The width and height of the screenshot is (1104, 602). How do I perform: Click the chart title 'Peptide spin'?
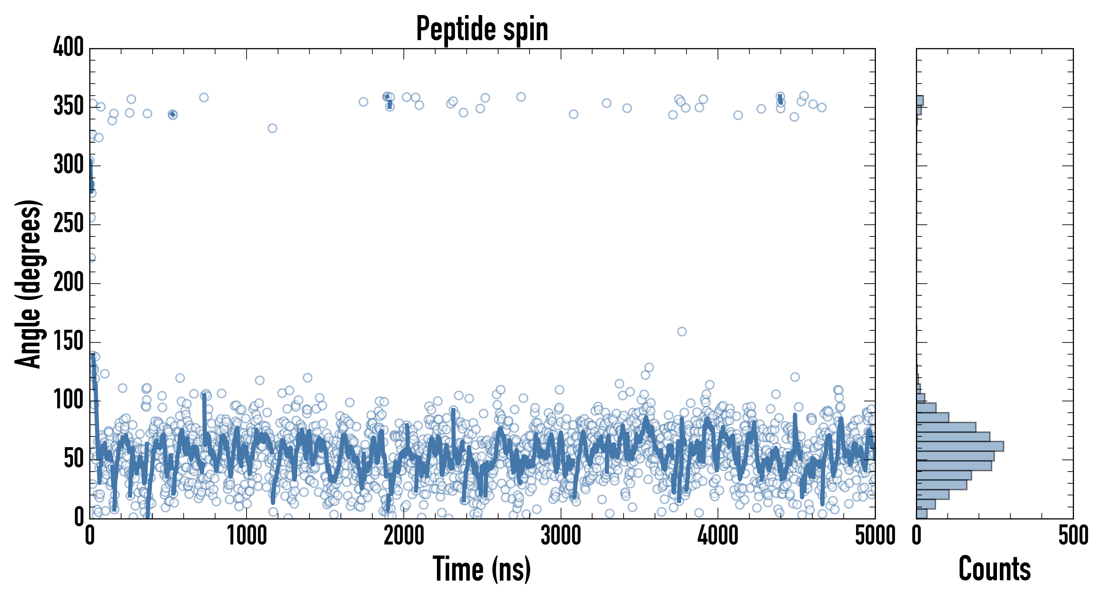(x=482, y=29)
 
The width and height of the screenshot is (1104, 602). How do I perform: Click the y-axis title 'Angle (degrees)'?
(x=28, y=284)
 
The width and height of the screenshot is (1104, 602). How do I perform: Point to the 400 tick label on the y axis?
(x=69, y=47)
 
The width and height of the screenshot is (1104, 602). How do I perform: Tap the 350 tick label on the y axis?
(x=69, y=106)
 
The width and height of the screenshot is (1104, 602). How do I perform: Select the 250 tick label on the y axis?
(x=69, y=224)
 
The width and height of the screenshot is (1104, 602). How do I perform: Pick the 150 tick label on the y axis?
(x=69, y=342)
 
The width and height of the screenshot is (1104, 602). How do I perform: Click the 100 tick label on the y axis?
(x=69, y=401)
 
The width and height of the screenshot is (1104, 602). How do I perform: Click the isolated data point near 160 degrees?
(x=682, y=331)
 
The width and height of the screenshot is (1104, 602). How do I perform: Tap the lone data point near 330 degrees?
(x=272, y=128)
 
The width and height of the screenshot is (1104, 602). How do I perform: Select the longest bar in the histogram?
(x=960, y=446)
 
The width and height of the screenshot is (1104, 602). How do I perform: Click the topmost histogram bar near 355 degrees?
(x=920, y=100)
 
